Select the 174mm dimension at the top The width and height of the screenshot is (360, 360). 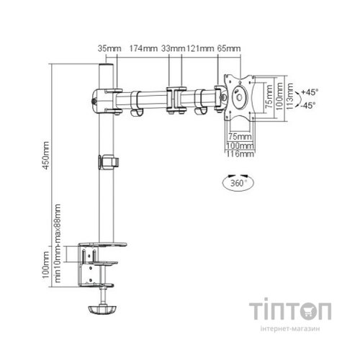pyautogui.click(x=143, y=48)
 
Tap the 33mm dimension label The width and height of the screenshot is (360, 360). pyautogui.click(x=172, y=48)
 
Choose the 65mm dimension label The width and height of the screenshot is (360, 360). pyautogui.click(x=228, y=48)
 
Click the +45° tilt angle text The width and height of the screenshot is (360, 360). pyautogui.click(x=310, y=92)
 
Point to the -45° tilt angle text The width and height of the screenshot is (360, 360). pyautogui.click(x=310, y=105)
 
